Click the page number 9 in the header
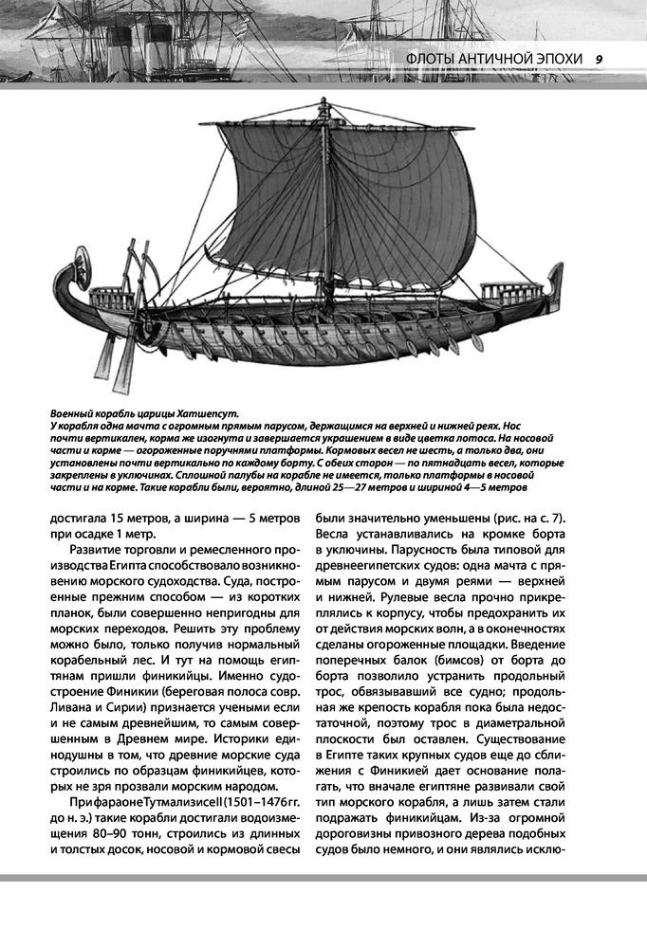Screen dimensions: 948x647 [x=599, y=59]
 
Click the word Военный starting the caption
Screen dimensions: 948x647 [x=78, y=414]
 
